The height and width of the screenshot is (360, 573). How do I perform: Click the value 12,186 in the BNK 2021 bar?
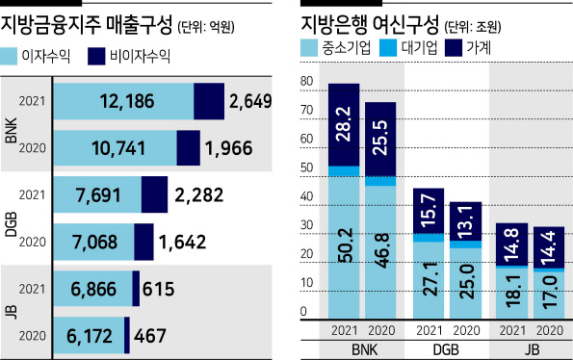(x=127, y=101)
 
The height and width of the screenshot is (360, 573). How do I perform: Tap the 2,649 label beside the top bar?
(x=250, y=101)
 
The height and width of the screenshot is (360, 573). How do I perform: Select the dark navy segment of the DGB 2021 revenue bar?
(x=155, y=194)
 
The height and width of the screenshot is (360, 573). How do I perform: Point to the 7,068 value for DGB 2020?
(x=95, y=242)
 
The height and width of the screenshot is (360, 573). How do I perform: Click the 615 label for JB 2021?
(x=159, y=289)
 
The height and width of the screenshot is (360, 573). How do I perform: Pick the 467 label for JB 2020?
(x=150, y=336)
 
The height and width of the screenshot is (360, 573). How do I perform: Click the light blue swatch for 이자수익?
(x=9, y=57)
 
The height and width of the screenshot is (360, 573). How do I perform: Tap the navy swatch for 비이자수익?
(x=96, y=57)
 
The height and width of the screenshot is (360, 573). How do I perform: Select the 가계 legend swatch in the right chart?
(x=454, y=48)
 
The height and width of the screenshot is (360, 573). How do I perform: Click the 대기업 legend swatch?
(x=388, y=48)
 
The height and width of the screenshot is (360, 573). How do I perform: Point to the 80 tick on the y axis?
(x=307, y=82)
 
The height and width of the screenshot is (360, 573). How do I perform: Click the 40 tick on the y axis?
(x=307, y=196)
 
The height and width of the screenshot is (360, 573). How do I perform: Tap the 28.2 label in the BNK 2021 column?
(x=344, y=124)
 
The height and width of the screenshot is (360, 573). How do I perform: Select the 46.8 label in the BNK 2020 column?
(x=380, y=251)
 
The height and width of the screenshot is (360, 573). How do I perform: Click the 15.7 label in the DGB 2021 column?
(x=429, y=211)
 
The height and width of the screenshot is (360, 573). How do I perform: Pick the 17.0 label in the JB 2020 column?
(x=549, y=293)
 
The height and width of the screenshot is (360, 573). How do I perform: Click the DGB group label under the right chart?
(x=446, y=350)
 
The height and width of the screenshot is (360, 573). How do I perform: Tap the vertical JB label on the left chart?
(x=12, y=313)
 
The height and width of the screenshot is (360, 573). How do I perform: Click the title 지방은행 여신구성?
(x=370, y=25)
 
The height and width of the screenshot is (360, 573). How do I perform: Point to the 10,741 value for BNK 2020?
(x=118, y=148)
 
